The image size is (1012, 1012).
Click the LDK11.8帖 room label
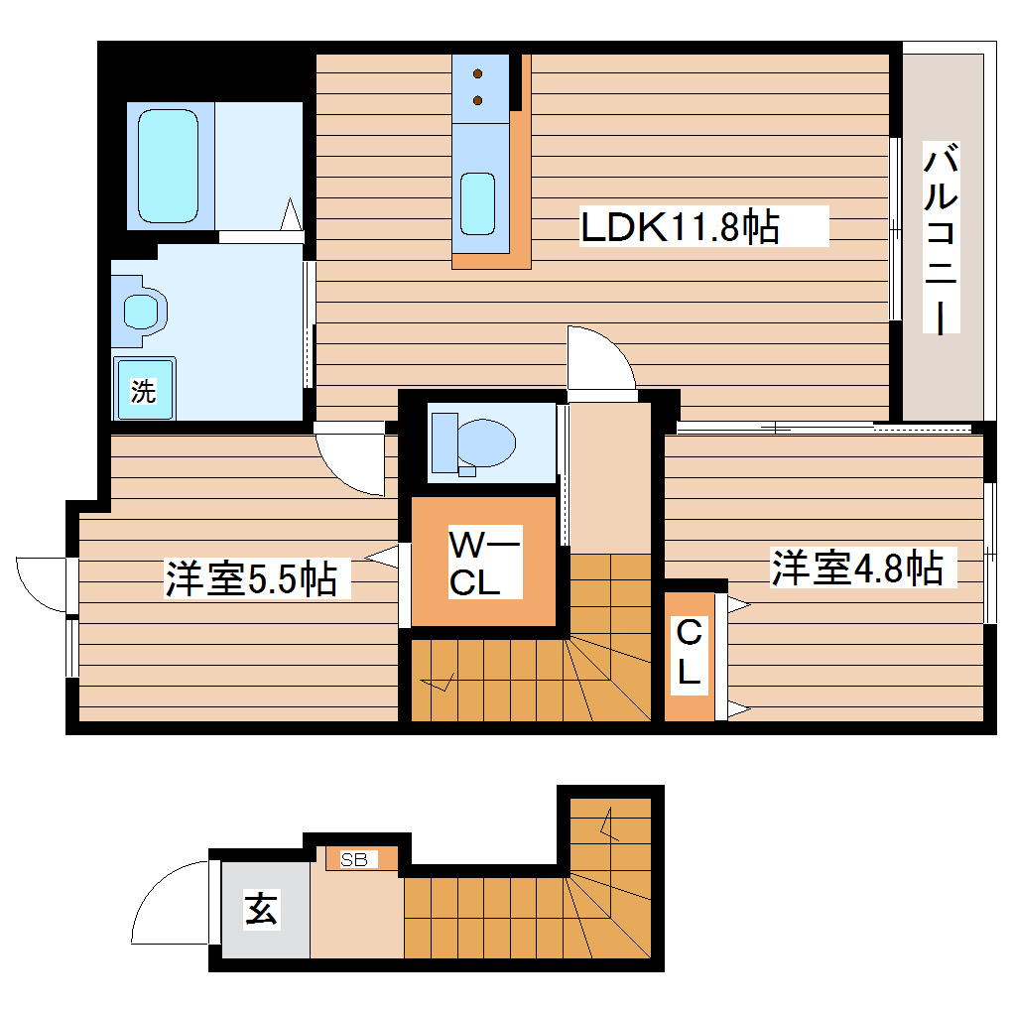pos(679,228)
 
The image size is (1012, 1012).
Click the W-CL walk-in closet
pos(483,563)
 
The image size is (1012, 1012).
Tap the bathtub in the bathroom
pos(168,166)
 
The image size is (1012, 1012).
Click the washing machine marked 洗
pos(144,390)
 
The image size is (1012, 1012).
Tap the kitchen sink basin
pos(477,204)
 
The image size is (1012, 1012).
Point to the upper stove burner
pos(478,74)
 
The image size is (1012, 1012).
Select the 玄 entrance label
pos(261,909)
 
